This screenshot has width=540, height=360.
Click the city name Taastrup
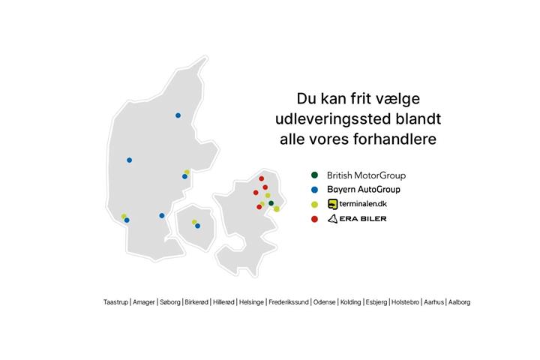115,302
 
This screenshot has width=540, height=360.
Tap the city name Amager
143,302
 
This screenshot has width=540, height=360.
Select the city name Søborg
169,302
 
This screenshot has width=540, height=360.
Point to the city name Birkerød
196,302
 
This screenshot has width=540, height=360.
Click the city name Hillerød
223,302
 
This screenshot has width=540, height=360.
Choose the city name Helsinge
251,302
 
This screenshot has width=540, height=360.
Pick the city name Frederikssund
288,302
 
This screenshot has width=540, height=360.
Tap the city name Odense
324,302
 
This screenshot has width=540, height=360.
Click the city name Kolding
350,302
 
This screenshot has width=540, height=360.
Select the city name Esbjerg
376,302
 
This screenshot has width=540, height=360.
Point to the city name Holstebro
405,302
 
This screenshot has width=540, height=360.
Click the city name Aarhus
433,302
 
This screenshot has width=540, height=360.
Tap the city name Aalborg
459,302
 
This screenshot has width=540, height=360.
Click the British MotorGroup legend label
366,175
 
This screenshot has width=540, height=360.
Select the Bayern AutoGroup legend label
363,189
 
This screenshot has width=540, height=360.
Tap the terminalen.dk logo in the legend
357,204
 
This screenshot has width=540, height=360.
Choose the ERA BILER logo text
357,219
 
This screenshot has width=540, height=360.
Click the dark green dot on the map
271,203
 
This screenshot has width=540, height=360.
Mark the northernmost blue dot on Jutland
178,115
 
